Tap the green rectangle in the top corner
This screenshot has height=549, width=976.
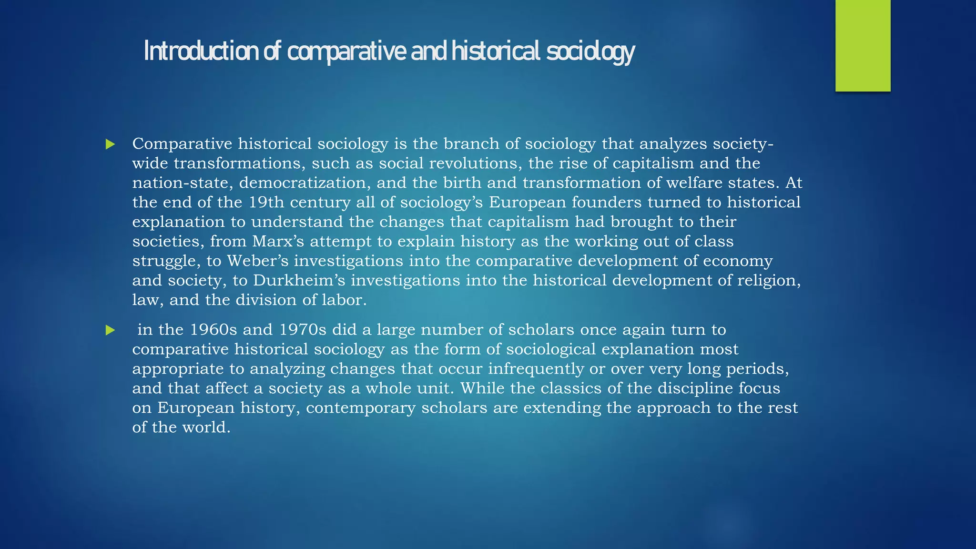[863, 45]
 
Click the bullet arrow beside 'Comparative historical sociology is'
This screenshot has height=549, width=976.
[111, 144]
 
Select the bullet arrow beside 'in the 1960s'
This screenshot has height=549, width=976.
[111, 330]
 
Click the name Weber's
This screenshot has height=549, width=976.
[257, 261]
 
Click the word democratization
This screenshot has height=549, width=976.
[305, 183]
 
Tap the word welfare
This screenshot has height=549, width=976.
[694, 183]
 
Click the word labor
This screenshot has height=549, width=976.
[344, 300]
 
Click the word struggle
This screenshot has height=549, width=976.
[166, 261]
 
